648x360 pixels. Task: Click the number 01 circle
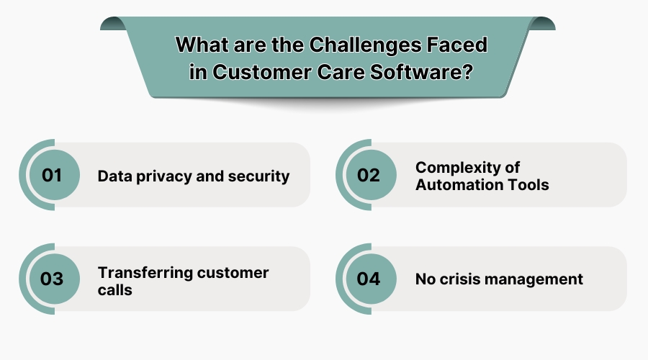[x=52, y=175]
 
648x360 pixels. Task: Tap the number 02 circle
[x=369, y=175]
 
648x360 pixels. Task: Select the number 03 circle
[x=52, y=279]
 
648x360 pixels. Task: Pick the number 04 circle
[x=369, y=279]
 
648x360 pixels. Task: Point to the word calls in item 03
[x=115, y=289]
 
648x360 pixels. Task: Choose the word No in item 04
[x=426, y=279]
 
